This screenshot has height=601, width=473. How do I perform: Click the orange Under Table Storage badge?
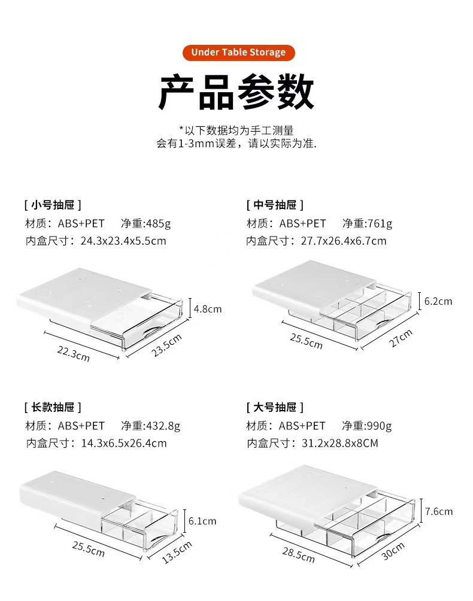[x=238, y=52]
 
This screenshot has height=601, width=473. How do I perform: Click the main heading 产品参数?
[x=236, y=92]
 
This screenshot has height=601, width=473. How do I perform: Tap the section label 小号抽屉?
[x=53, y=205]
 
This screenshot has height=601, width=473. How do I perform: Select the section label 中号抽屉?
[x=275, y=205]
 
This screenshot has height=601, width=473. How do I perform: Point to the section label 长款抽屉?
[x=53, y=407]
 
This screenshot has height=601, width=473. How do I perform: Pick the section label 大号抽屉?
[x=275, y=407]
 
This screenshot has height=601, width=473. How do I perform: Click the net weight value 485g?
[x=159, y=223]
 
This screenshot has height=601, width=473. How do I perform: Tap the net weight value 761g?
[x=380, y=223]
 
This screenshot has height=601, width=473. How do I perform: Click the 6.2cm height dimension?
[x=438, y=301]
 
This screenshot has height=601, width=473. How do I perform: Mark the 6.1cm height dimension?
[x=202, y=521]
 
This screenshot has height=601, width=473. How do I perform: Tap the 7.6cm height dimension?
[x=439, y=511]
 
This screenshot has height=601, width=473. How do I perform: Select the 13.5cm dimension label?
[x=177, y=551]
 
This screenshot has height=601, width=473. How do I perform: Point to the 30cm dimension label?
[x=393, y=551]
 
